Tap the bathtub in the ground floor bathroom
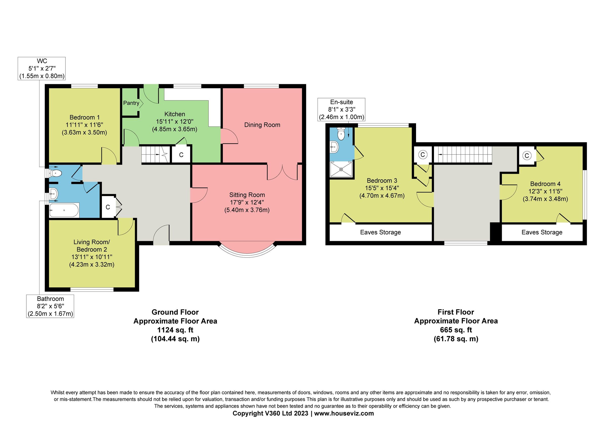pos(64,210)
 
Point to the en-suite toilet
pos(341,135)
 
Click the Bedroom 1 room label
pos(84,117)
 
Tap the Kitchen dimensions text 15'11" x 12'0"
pos(175,122)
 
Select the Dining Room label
pos(262,125)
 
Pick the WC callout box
pos(42,69)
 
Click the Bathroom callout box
pos(50,306)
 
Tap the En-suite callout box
pos(341,110)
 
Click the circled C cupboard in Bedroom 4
pos(527,156)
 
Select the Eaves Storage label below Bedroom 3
pos(380,232)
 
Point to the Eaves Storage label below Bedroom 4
pos(542,232)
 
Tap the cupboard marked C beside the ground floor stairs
pos(181,155)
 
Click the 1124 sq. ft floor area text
pos(175,330)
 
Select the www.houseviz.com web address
pos(344,413)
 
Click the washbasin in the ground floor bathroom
pos(53,194)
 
